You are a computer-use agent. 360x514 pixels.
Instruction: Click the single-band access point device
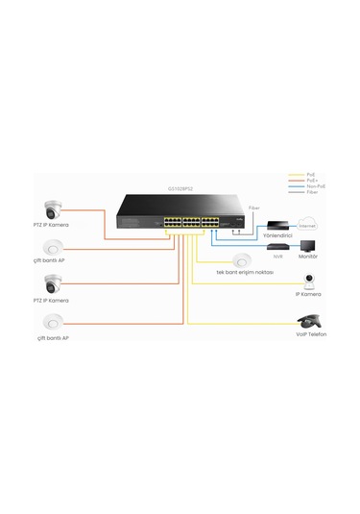click(239, 260)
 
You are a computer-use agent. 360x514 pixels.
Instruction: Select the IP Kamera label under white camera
click(309, 294)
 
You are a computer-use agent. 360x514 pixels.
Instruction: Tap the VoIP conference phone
click(309, 321)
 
